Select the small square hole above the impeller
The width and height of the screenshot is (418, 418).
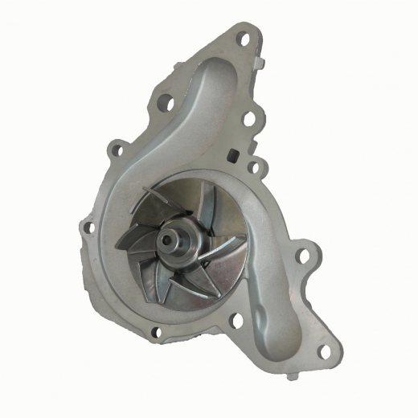click(x=234, y=155)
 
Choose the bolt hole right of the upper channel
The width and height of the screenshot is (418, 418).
click(x=249, y=119)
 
